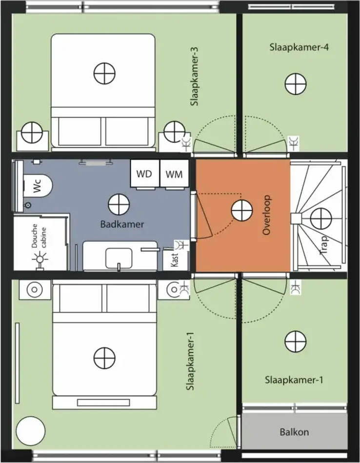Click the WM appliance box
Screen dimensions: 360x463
point(174,174)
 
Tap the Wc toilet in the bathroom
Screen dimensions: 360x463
point(38,186)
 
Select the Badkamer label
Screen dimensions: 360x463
point(122,224)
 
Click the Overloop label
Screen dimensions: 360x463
point(266,215)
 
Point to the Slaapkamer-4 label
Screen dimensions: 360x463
point(299,47)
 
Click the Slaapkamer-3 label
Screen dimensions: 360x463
point(194,77)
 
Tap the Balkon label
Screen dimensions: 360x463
point(294,432)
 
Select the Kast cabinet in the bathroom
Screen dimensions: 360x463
point(176,261)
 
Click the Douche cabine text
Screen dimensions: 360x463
point(39,236)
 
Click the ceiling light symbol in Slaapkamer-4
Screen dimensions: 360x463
point(296,83)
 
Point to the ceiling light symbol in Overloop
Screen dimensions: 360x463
point(242,211)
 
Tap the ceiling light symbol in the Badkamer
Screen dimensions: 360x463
point(119,204)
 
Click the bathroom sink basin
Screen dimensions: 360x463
point(119,259)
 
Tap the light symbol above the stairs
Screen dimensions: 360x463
point(321,219)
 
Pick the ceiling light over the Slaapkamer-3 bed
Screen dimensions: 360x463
point(104,73)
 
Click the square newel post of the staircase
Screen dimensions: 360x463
point(296,219)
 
